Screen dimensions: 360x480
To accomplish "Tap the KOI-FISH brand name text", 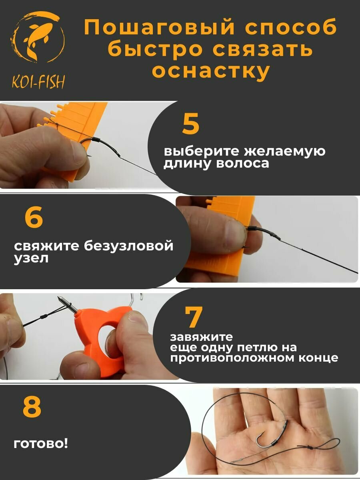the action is (x=38, y=82).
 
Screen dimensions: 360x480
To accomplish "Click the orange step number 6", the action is (x=34, y=217).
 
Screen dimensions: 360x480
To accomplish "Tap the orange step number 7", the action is (x=194, y=317).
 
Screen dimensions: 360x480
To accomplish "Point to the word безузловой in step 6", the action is (x=129, y=246).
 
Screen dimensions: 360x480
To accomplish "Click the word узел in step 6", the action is (x=31, y=258).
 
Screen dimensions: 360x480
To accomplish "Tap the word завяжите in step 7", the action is (x=202, y=337).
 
